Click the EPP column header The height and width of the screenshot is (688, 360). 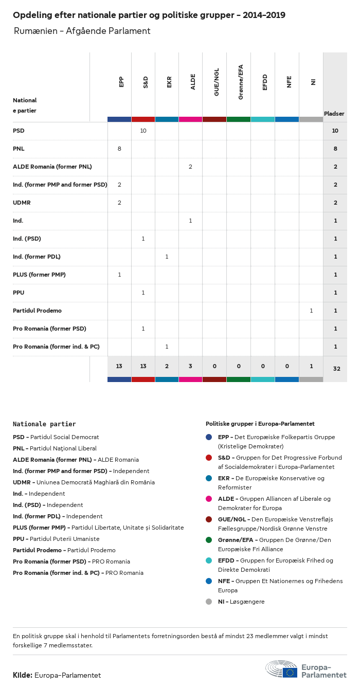click(121, 82)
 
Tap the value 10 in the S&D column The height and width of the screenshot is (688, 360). click(143, 131)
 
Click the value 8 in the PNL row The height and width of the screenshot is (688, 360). click(119, 149)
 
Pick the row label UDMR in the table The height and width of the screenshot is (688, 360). click(22, 203)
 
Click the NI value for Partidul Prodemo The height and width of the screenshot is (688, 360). click(311, 311)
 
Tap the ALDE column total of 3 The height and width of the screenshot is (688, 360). click(190, 366)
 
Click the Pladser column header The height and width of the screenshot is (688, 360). click(334, 114)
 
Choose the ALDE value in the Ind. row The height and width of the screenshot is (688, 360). click(190, 221)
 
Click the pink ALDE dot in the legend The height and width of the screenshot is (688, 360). click(209, 499)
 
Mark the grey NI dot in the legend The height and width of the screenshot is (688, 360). click(209, 602)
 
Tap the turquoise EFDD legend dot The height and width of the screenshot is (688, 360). click(209, 560)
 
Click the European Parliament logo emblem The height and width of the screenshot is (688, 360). click(281, 669)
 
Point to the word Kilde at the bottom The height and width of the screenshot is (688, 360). click(23, 675)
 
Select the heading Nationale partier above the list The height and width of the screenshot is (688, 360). click(44, 424)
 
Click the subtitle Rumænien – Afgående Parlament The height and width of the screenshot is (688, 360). click(82, 31)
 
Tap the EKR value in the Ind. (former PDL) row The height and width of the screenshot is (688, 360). click(167, 257)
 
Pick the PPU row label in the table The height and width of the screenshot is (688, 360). click(19, 293)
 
